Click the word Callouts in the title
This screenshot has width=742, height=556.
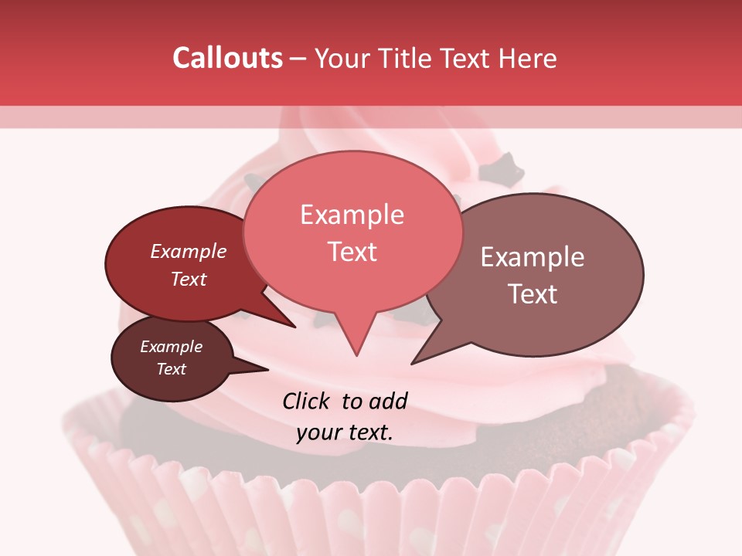(227, 58)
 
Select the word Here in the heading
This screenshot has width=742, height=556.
(528, 58)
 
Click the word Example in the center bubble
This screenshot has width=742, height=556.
(352, 215)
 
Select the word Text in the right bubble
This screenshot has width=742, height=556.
(533, 294)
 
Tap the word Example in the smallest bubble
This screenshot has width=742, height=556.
(172, 347)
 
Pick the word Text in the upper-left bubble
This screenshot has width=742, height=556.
(189, 279)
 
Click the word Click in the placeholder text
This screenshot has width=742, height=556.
(308, 401)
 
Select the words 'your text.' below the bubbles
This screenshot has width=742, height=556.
(345, 432)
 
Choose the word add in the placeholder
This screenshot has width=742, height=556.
(387, 401)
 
